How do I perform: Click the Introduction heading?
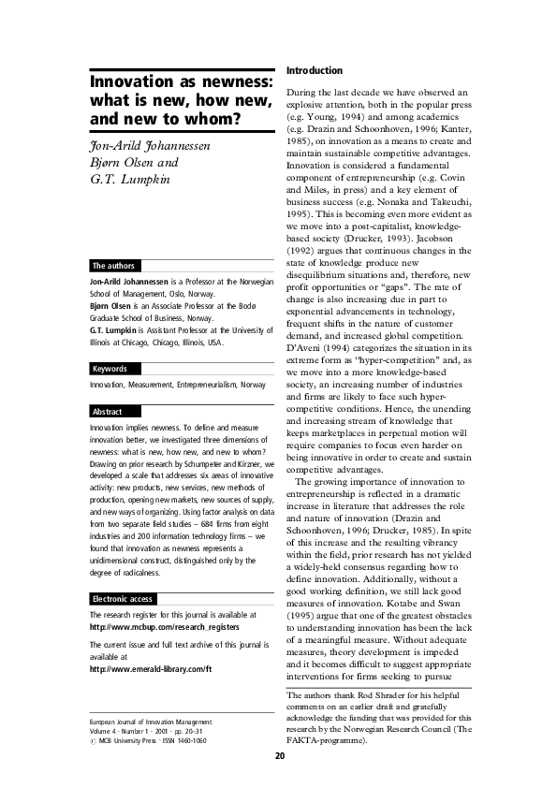pos(315,70)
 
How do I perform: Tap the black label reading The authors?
pos(111,266)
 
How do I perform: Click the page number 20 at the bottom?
pos(279,756)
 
